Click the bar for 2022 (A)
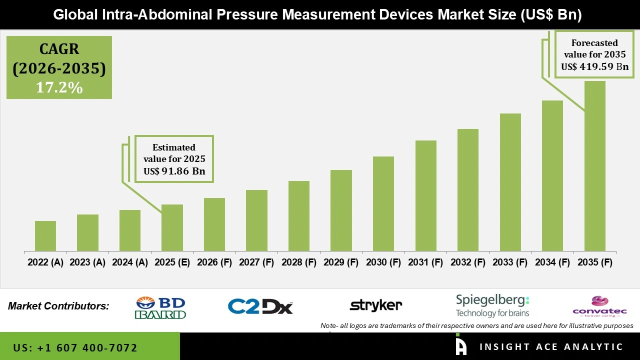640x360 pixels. coord(45,236)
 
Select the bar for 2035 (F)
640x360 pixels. coord(594,166)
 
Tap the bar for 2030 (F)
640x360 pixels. coord(383,204)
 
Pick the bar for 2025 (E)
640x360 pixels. coord(172,228)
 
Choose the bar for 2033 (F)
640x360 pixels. coord(510,182)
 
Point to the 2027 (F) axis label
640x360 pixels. coord(256,262)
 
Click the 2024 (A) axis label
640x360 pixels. coord(130,262)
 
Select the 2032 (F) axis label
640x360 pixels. coord(468,262)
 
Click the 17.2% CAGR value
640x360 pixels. coord(59,87)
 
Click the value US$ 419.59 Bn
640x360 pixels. coord(594,66)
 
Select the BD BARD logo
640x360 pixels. coord(160,307)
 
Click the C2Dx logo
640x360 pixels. coord(260,306)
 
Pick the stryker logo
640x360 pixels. coord(375,305)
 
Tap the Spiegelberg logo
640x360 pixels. coord(492,305)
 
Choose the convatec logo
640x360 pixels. coord(599,306)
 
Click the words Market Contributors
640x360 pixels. coord(58,306)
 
